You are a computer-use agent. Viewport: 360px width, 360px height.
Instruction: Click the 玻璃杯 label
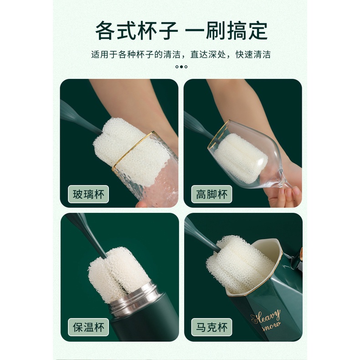88,194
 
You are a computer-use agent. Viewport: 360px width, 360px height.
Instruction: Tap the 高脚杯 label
211,194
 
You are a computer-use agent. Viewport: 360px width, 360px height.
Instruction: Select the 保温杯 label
88,327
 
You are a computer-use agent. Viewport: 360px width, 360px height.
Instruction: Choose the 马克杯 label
211,327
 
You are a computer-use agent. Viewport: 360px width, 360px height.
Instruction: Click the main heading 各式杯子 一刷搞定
181,31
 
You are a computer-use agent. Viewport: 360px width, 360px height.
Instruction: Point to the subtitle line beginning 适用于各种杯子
181,55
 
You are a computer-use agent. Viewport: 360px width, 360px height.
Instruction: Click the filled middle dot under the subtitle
181,67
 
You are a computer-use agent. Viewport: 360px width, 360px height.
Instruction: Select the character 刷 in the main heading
215,31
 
